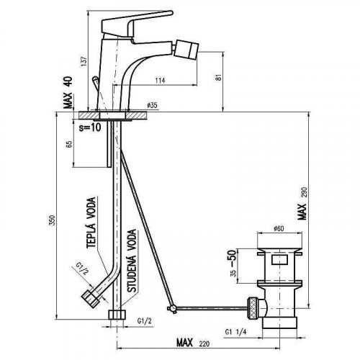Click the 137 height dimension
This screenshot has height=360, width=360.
(84, 61)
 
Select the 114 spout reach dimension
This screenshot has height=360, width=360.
(160, 81)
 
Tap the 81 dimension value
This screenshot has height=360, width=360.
(218, 78)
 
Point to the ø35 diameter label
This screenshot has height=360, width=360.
(153, 105)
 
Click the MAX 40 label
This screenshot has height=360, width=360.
(68, 93)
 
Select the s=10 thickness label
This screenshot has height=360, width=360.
(90, 127)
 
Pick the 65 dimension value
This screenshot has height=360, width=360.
(69, 144)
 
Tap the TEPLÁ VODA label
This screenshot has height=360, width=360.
(91, 222)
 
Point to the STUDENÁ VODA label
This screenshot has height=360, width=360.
(132, 261)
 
